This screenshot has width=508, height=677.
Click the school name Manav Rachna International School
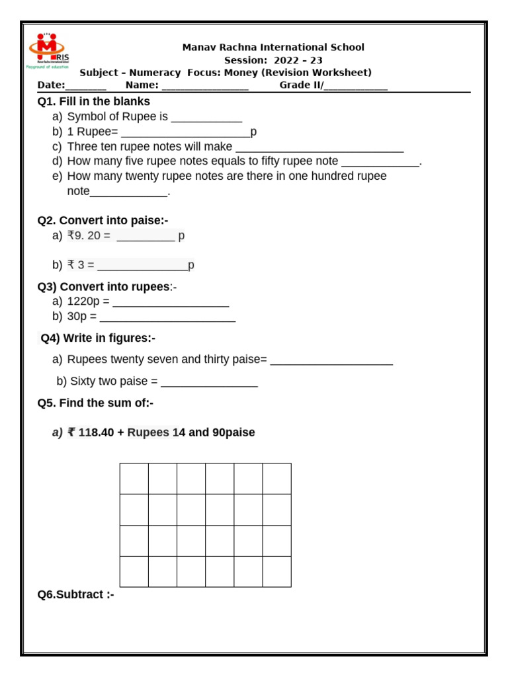(x=273, y=48)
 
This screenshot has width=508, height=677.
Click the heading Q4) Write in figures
(x=98, y=338)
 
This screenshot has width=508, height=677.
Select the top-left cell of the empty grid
(x=134, y=479)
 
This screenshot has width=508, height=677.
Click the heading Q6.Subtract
(x=76, y=594)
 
